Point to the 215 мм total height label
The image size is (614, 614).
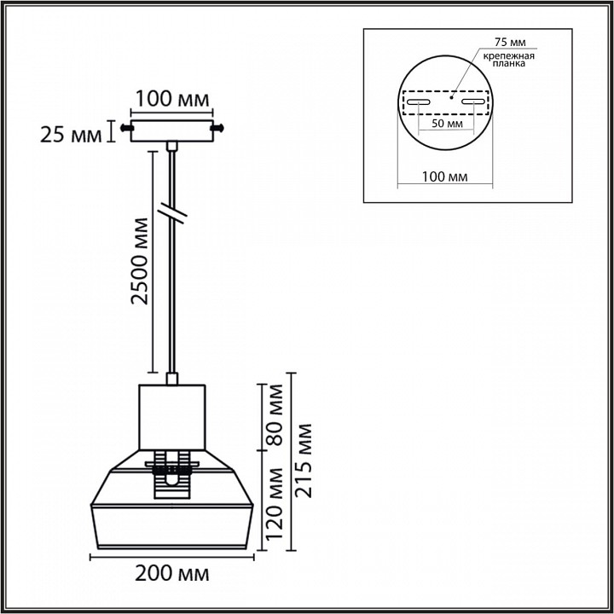pos(304,460)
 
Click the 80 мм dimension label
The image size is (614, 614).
pos(274,416)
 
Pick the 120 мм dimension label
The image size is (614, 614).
pos(274,504)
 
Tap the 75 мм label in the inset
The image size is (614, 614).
pos(511,42)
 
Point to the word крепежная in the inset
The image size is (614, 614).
pos(508,55)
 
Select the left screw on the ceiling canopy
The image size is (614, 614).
pos(126,128)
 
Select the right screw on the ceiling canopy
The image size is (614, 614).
pos(219,128)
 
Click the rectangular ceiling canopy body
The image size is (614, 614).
pos(172,129)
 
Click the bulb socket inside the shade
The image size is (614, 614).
pos(172,478)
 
